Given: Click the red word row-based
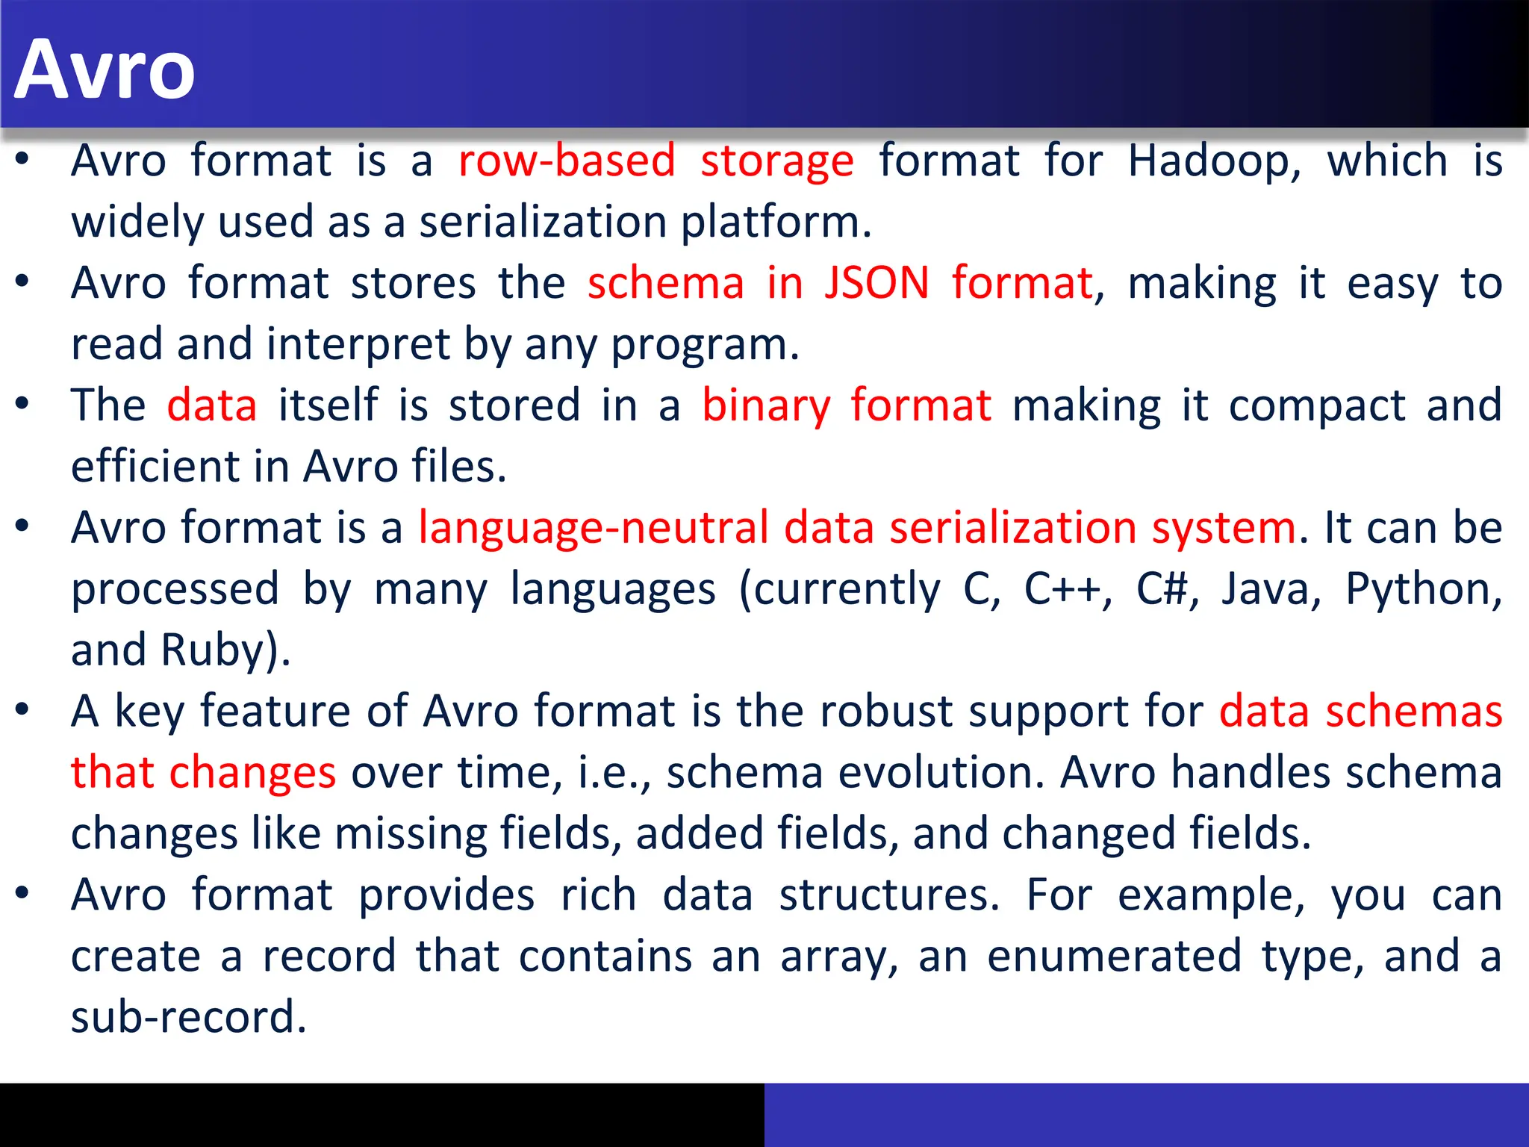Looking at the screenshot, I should pos(567,161).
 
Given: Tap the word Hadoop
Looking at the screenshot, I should pos(1214,161).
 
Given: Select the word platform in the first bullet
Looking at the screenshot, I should pos(776,223).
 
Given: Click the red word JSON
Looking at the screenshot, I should pos(876,284).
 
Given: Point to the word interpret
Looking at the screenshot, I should pos(358,345).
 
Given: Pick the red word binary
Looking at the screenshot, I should pos(766,406).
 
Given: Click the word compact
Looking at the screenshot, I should pos(1317,406).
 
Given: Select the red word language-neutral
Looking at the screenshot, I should pos(594,528).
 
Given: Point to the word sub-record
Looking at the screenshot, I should pos(188,1017).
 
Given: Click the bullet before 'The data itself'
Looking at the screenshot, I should pos(22,403).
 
